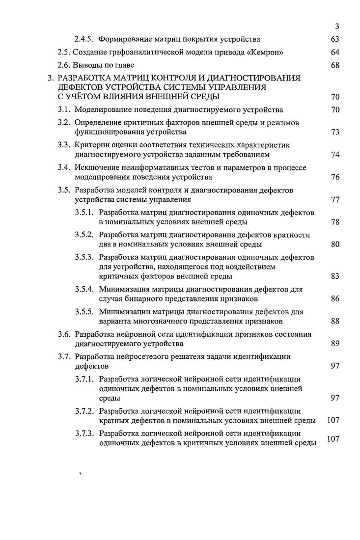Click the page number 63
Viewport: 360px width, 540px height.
tap(335, 39)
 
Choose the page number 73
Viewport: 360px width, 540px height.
tap(335, 132)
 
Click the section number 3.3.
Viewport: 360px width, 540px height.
tap(65, 145)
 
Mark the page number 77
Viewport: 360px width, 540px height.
tap(335, 200)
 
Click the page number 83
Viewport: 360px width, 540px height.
tap(335, 276)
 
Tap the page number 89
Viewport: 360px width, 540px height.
tap(335, 344)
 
